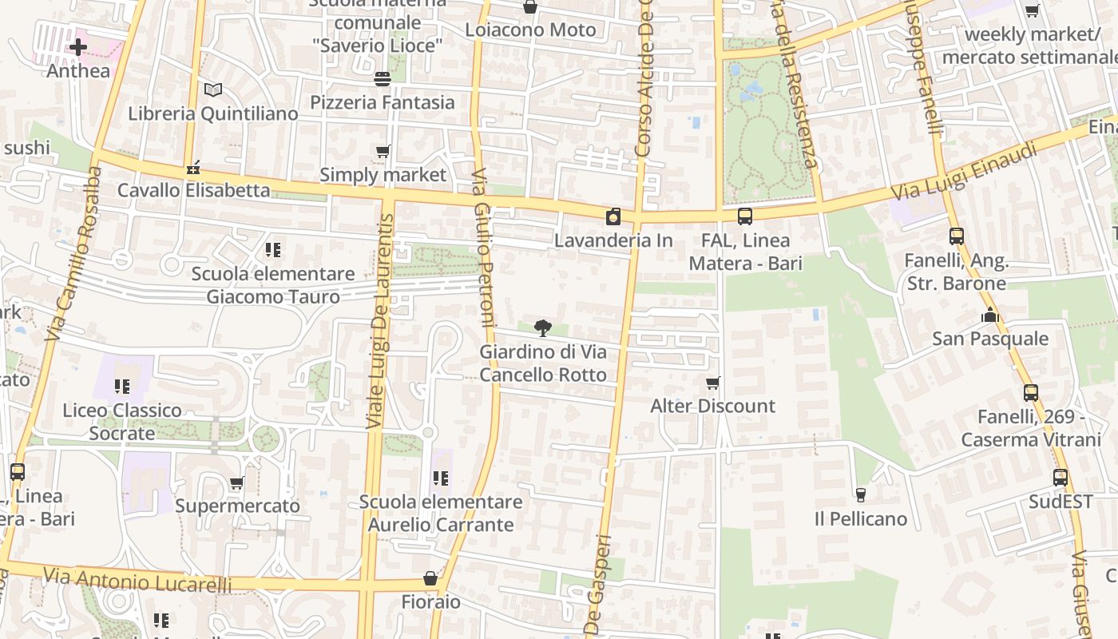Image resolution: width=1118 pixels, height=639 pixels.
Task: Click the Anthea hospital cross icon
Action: (78, 47)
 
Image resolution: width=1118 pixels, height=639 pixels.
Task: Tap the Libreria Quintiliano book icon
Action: (212, 90)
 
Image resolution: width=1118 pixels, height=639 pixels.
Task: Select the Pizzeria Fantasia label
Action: (383, 102)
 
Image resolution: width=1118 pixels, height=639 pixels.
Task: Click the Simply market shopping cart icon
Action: (383, 151)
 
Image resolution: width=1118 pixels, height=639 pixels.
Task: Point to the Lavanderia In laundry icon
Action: (613, 216)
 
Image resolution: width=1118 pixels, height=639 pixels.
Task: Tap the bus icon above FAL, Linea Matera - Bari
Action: (745, 216)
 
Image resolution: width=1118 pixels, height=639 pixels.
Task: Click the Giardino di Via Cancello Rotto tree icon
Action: (543, 327)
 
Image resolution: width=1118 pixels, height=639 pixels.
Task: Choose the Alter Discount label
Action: (712, 406)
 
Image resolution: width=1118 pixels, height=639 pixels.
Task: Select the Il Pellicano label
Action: (860, 519)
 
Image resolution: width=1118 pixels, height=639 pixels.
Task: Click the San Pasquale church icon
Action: (990, 316)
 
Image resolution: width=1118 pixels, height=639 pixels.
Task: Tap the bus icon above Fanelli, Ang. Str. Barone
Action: (956, 236)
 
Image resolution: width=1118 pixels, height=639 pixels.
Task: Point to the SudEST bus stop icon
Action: (1060, 478)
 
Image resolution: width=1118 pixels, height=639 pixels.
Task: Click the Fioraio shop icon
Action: (430, 577)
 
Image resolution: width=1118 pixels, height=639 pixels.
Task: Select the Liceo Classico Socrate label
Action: (122, 422)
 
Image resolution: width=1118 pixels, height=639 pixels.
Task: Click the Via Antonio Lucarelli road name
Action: (137, 580)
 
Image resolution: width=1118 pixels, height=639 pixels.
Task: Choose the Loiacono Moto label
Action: (530, 30)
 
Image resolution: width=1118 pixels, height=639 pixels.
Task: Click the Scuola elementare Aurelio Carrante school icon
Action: (440, 478)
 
